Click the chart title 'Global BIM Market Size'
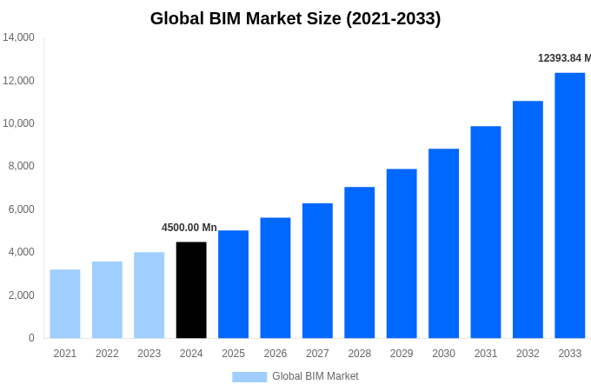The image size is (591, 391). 295,18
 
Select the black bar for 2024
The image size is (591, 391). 191,290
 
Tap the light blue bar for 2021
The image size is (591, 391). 65,304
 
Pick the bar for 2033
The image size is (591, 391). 570,205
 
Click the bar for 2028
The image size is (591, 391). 360,262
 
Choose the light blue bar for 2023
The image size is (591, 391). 149,295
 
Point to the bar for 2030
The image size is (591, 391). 443,243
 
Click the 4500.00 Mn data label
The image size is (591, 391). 189,228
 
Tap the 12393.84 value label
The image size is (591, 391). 564,58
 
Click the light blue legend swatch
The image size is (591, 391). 249,376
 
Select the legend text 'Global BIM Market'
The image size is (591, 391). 315,376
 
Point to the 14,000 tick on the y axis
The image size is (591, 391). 18,37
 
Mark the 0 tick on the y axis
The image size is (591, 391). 31,338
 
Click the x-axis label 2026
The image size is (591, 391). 276,354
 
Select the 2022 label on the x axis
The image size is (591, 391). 107,354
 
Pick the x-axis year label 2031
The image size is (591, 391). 486,354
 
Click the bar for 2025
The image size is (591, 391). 233,284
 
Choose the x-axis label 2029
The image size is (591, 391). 402,354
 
